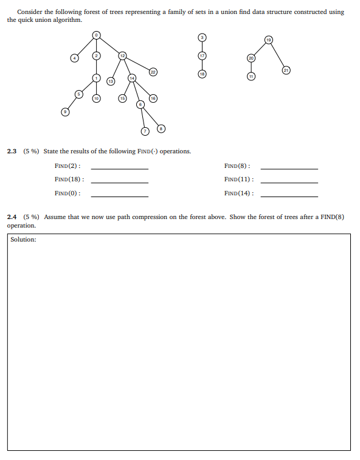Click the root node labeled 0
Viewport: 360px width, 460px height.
point(96,36)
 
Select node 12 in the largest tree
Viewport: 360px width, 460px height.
point(122,56)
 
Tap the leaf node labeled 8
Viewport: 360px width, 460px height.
point(161,128)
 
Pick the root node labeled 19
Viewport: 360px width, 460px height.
point(268,40)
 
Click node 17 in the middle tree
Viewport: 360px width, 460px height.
point(203,55)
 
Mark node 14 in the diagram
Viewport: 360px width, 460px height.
point(132,77)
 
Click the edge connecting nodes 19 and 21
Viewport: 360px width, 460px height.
point(278,55)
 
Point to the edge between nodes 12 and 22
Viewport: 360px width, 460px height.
point(138,64)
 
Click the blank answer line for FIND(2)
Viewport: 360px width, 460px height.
point(119,169)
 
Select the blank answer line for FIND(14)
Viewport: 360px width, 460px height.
point(289,196)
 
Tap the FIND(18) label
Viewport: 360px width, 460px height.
point(69,179)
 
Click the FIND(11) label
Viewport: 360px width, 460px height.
point(238,179)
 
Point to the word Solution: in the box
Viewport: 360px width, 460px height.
point(23,240)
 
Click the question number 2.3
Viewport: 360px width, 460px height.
point(12,151)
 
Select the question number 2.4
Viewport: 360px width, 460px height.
point(12,217)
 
